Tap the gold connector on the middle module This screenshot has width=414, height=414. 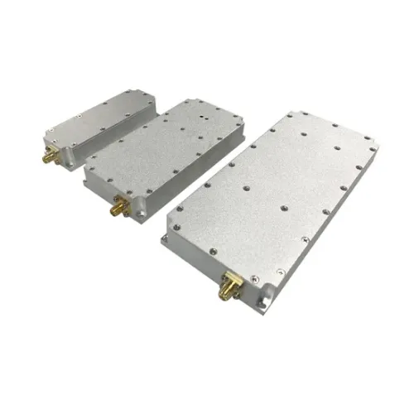[113, 207]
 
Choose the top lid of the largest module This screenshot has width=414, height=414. [273, 195]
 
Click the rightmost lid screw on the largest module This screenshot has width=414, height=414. [373, 149]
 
